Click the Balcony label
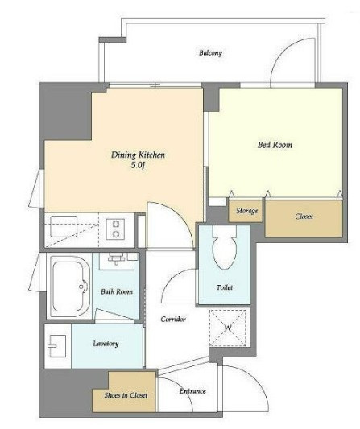210,53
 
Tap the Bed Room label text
275,145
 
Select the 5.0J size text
138,165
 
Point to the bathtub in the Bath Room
70,287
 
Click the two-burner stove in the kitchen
116,229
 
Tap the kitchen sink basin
64,226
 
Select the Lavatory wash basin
57,346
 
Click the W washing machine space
228,328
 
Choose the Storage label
247,211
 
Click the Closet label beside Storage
304,217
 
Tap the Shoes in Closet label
126,395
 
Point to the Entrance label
192,391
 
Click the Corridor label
173,319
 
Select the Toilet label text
225,287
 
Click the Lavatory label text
106,344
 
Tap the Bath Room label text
117,291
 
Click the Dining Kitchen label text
138,155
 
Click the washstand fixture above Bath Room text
118,261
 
